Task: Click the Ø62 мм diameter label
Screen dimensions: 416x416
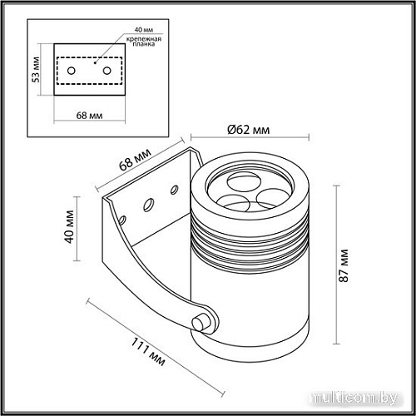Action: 250,129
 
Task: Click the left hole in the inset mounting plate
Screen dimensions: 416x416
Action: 72,72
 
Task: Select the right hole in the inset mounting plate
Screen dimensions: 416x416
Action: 106,72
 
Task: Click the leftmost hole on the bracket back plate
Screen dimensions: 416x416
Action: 123,220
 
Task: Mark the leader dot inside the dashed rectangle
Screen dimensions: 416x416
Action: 97,62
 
